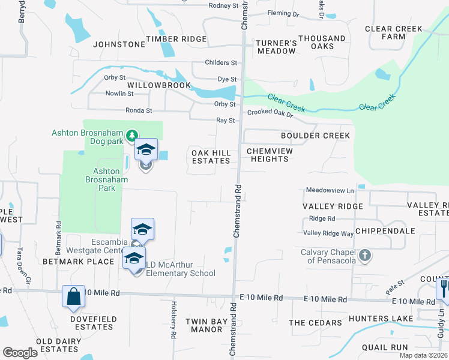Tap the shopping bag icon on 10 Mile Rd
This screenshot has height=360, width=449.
73,296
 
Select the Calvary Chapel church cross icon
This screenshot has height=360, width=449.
364,256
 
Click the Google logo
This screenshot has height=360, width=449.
20,353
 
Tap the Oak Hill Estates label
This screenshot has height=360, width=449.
211,157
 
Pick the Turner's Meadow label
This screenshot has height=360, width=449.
276,47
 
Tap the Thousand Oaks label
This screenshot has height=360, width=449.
322,43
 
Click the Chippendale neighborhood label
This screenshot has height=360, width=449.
385,230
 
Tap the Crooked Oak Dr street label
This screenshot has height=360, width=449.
270,113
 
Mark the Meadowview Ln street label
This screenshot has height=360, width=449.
329,190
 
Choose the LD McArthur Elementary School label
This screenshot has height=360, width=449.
178,269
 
